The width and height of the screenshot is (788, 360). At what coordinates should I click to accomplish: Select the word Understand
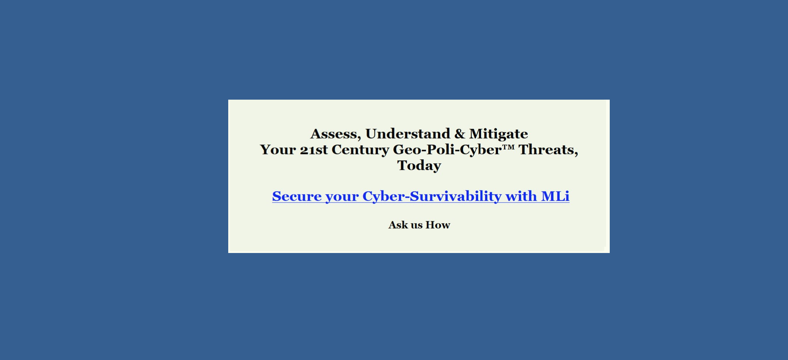408,133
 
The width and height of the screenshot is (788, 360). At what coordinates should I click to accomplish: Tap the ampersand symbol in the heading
460,134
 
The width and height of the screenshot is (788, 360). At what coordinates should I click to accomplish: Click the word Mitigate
499,134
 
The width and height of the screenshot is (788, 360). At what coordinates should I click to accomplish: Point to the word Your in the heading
278,150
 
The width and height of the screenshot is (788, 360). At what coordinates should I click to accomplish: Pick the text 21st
314,150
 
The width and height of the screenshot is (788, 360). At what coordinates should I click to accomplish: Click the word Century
360,150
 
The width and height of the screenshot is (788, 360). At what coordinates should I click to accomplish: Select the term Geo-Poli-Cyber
447,150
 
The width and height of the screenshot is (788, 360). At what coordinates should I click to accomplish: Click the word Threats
547,150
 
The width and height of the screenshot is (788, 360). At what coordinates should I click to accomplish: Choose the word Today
419,166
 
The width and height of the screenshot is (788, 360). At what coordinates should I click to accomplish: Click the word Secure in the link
297,196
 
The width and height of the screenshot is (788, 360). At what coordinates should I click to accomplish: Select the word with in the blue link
522,196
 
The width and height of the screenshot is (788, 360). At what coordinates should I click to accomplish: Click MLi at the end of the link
555,196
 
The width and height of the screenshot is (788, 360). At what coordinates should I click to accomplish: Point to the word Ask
398,225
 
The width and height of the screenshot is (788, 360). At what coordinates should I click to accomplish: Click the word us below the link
417,226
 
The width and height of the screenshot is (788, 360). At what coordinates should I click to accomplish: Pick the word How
438,225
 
